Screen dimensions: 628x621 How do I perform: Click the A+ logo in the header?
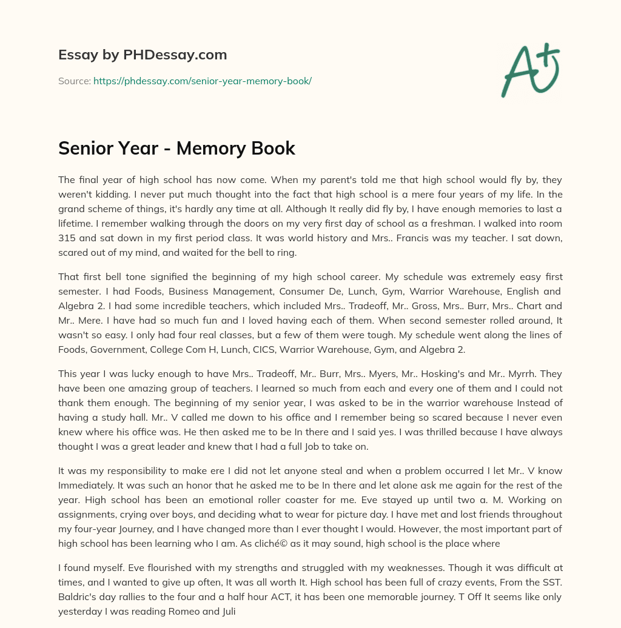(530, 70)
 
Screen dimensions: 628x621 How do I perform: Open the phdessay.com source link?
(202, 81)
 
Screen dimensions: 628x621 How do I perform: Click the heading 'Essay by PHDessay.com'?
(143, 55)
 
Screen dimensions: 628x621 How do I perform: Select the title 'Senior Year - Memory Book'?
(176, 149)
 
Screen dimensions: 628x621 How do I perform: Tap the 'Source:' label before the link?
(74, 81)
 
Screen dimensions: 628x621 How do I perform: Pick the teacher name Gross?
(331, 306)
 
